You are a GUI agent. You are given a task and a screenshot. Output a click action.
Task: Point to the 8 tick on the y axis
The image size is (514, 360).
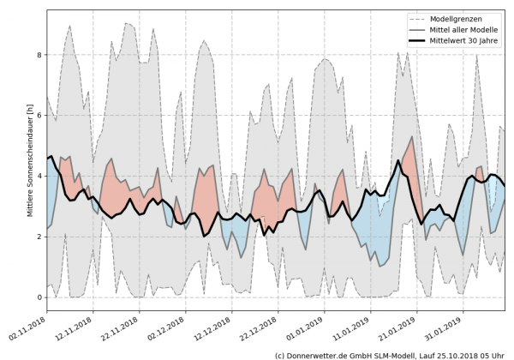[39, 55]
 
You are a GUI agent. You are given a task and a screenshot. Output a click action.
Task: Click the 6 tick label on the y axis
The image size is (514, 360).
[39, 116]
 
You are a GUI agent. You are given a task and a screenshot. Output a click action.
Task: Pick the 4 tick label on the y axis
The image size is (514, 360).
[39, 177]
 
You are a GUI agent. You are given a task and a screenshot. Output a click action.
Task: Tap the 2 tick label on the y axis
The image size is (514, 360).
[39, 237]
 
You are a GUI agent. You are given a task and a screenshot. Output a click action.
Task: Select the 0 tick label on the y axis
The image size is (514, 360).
[39, 297]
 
